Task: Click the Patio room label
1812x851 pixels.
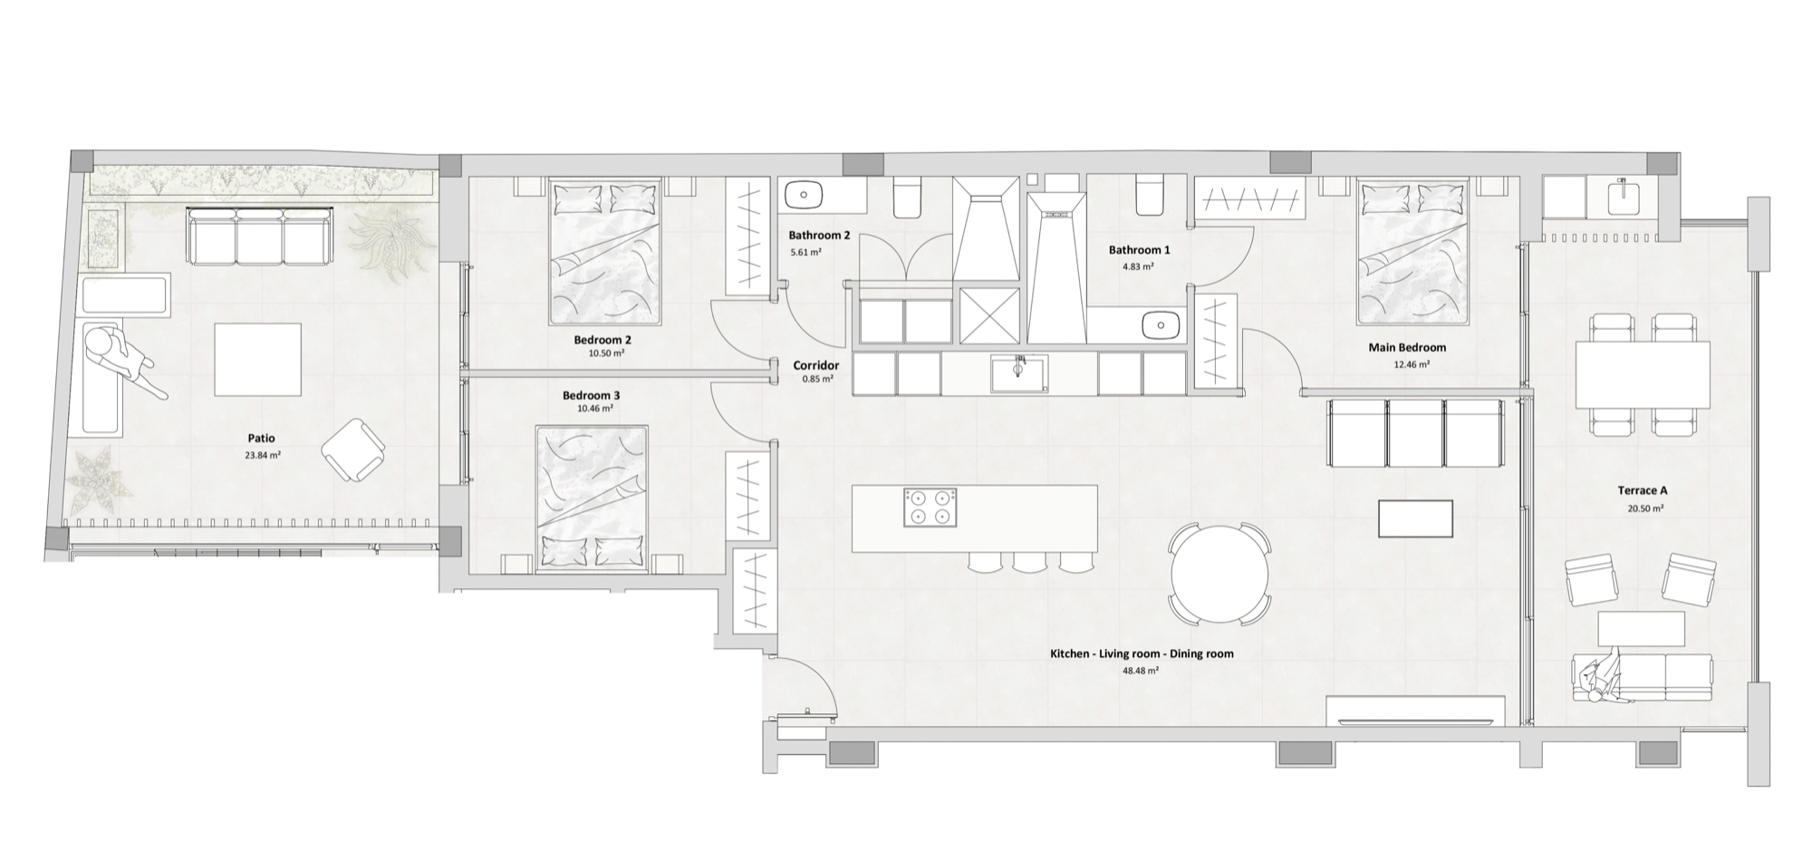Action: pyautogui.click(x=261, y=439)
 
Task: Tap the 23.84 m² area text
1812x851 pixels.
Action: pyautogui.click(x=262, y=455)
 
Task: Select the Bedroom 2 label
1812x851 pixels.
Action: pyautogui.click(x=602, y=340)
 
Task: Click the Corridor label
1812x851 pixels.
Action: pyautogui.click(x=815, y=365)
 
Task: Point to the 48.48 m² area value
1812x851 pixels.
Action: pyautogui.click(x=1141, y=671)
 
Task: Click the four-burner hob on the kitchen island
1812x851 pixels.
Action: pyautogui.click(x=930, y=507)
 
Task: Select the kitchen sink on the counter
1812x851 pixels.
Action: pyautogui.click(x=1019, y=373)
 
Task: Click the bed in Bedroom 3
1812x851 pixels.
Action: pyautogui.click(x=592, y=498)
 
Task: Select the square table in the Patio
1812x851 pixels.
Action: pyautogui.click(x=258, y=360)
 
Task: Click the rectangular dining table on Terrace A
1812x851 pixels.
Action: pyautogui.click(x=1643, y=374)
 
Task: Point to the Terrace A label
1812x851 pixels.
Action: pyautogui.click(x=1643, y=490)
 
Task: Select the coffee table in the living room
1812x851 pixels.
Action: pyautogui.click(x=1415, y=518)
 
